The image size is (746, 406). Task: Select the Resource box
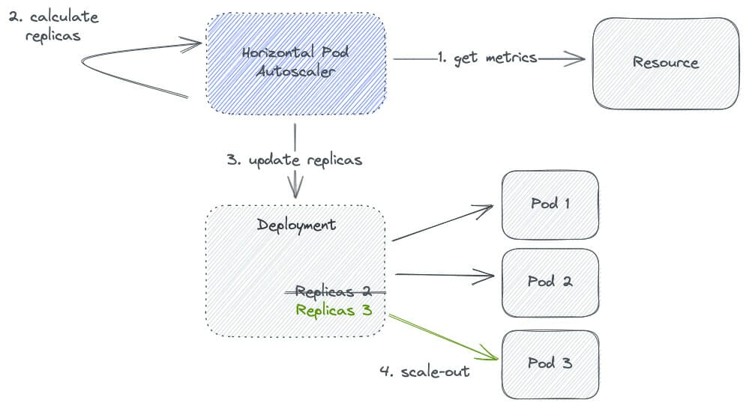point(665,63)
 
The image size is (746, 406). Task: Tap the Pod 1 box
point(550,203)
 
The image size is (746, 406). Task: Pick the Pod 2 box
point(550,282)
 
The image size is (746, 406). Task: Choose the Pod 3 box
point(550,363)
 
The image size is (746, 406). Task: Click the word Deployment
point(296,225)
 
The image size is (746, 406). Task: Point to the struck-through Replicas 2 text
point(334,291)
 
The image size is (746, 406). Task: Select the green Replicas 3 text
point(334,309)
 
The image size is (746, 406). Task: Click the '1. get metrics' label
point(487,58)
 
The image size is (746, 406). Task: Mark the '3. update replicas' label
point(294,160)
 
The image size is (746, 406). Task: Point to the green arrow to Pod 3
point(442,336)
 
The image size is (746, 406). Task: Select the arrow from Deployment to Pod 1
point(442,225)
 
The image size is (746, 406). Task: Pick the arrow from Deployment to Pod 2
point(442,275)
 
